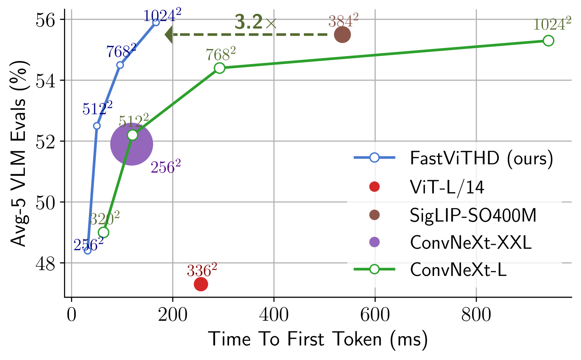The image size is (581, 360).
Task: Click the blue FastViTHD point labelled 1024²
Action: (156, 22)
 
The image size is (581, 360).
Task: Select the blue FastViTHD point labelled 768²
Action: (120, 65)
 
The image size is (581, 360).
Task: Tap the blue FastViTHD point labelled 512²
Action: (97, 126)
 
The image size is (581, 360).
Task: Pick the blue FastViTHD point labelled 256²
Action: (88, 250)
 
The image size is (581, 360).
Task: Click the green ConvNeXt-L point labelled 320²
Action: (103, 232)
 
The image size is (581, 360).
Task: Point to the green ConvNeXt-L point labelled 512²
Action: (132, 135)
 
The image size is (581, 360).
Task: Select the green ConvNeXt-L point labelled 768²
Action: (220, 68)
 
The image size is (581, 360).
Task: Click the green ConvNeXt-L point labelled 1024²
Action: (548, 41)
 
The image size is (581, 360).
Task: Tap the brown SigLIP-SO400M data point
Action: (342, 35)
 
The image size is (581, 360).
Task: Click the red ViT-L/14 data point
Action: (201, 284)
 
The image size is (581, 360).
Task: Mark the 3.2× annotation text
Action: (255, 22)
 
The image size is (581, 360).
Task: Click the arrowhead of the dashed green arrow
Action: (168, 35)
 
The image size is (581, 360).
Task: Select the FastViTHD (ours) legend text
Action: (481, 158)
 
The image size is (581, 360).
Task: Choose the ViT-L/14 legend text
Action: (447, 187)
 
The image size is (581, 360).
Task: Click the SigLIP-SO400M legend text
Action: (473, 215)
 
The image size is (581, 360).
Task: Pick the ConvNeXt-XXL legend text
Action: (471, 242)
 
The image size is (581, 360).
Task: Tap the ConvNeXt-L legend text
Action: (458, 270)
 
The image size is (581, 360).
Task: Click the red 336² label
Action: (202, 270)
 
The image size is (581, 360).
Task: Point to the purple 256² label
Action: (166, 167)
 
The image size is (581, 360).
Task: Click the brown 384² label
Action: (343, 21)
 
